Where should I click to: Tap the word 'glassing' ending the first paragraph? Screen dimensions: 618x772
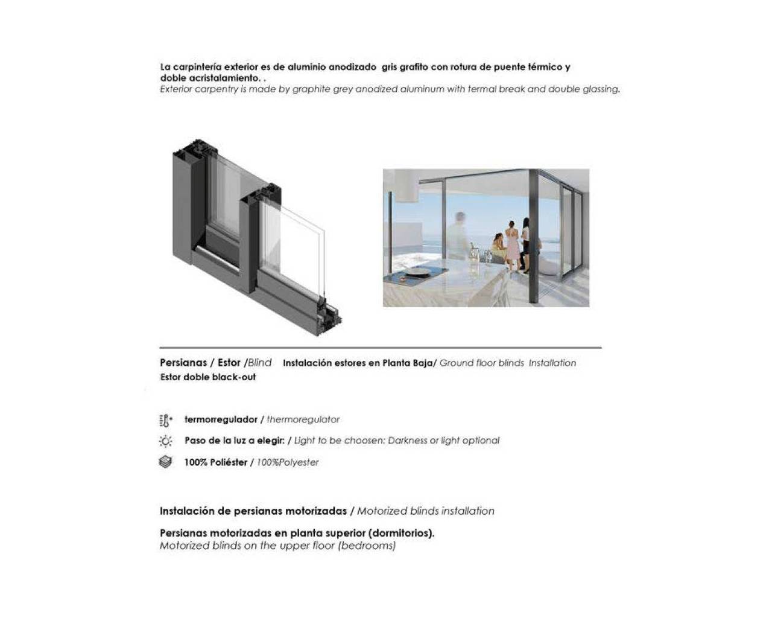coord(601,89)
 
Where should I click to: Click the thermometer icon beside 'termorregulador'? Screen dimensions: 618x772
coord(166,420)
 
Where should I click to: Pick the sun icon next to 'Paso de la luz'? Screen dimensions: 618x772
coord(166,441)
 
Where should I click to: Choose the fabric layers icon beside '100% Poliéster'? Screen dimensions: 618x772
coord(166,462)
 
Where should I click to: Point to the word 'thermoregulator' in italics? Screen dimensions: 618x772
coord(303,419)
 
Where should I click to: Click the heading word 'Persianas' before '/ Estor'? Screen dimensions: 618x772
coord(183,363)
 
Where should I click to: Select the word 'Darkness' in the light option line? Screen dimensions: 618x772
coord(407,441)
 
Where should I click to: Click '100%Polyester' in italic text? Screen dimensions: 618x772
coord(288,462)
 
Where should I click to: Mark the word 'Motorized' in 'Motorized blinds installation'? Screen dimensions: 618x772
coord(381,511)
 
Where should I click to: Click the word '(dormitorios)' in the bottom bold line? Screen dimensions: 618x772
coord(400,534)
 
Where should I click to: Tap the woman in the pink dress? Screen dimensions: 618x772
coord(511,244)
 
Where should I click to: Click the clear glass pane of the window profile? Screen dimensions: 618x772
coord(293,241)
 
